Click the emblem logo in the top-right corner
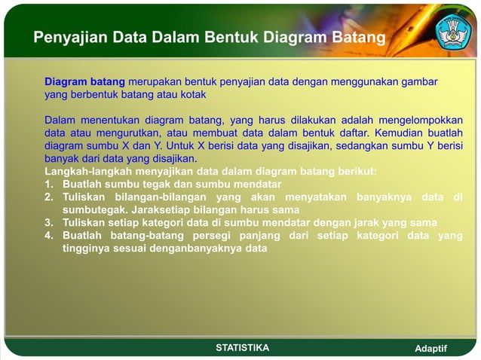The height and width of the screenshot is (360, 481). coord(455,29)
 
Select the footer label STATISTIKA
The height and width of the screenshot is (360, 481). coord(242,347)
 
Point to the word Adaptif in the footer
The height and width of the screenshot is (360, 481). coord(431,348)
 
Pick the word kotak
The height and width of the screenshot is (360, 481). coord(191,96)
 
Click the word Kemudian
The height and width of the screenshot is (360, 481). coord(393,133)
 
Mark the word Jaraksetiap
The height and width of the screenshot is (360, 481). coord(163,209)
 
